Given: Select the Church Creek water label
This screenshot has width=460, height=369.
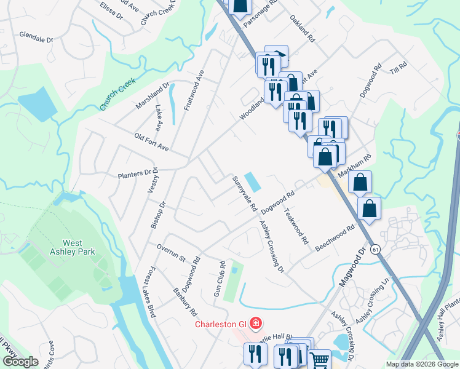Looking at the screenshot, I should [117, 98].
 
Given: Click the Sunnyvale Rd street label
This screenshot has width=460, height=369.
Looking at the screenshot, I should [244, 194].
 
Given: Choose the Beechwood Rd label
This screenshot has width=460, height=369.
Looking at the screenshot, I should [335, 237].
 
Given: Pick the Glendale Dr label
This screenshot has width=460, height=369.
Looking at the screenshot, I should [36, 37].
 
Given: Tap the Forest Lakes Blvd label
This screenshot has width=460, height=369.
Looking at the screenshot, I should [150, 292].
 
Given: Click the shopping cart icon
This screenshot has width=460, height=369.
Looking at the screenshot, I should [320, 360].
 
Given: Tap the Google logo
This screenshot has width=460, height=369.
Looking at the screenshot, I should [20, 362].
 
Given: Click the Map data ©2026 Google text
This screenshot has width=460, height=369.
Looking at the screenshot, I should [422, 365].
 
